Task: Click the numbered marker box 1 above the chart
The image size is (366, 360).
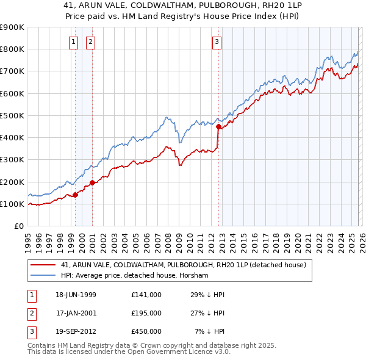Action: tap(73, 42)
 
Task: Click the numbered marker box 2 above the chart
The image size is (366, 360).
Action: tap(90, 42)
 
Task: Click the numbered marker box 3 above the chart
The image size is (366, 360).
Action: tap(217, 42)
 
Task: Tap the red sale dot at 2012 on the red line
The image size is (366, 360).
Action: tap(218, 127)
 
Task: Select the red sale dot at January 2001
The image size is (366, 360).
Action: tap(92, 182)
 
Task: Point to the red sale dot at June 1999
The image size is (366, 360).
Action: tap(75, 195)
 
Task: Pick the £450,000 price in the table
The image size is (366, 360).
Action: tap(146, 331)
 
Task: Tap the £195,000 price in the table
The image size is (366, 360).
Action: tap(146, 313)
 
